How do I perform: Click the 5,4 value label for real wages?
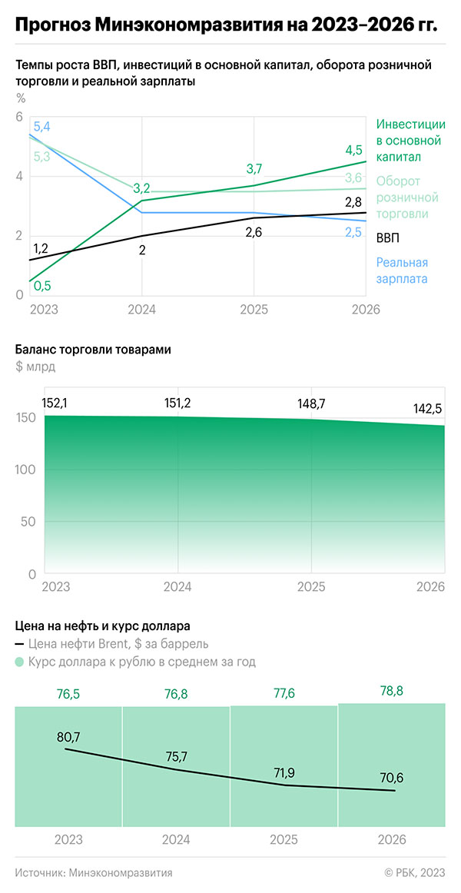pyautogui.click(x=41, y=127)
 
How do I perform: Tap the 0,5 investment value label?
pyautogui.click(x=42, y=286)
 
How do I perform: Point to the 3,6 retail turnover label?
pyautogui.click(x=353, y=178)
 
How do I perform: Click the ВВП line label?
pyautogui.click(x=388, y=238)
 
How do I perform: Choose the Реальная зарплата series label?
pyautogui.click(x=402, y=271)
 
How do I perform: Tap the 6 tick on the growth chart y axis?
pyautogui.click(x=20, y=116)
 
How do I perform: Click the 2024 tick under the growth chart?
pyautogui.click(x=141, y=310)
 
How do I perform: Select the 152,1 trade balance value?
pyautogui.click(x=55, y=403)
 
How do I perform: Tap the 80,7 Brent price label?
pyautogui.click(x=68, y=737)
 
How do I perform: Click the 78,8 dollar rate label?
pyautogui.click(x=392, y=692)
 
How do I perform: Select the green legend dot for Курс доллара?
pyautogui.click(x=19, y=662)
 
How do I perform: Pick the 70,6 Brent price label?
pyautogui.click(x=391, y=778)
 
